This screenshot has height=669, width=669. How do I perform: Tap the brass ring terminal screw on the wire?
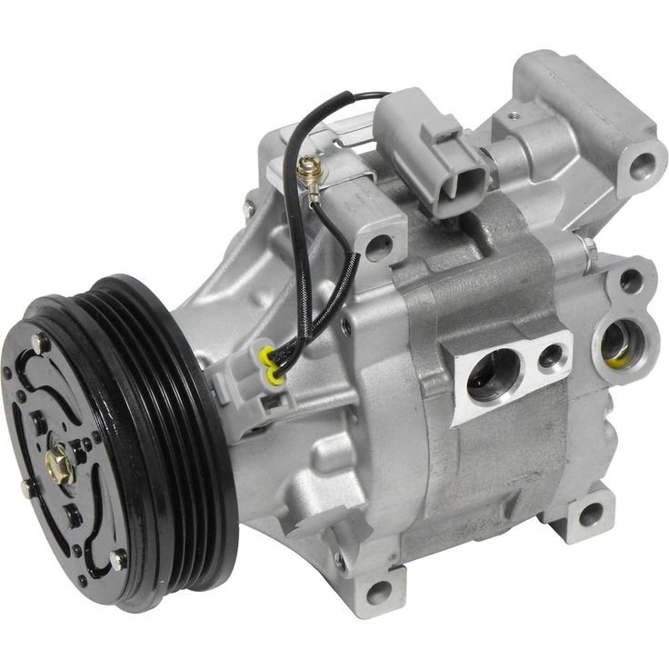(306, 167)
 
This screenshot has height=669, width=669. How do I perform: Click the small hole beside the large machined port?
(551, 354)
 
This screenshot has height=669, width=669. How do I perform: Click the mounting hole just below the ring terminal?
(379, 244)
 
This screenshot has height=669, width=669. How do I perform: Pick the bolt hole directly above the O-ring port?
(631, 281)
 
